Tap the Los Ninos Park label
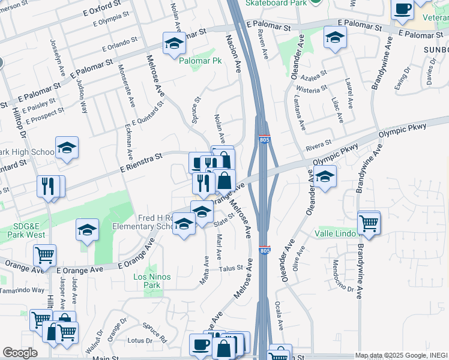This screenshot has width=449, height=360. point(152,281)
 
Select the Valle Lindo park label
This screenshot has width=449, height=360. point(334,233)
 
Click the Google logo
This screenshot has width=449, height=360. point(20,353)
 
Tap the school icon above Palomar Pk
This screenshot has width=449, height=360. point(174,43)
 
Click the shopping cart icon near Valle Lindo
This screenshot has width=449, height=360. point(368,223)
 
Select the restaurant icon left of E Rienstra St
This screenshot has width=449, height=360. point(47,185)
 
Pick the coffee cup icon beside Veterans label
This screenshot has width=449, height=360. point(402,10)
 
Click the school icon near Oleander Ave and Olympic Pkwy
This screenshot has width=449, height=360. point(325,177)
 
